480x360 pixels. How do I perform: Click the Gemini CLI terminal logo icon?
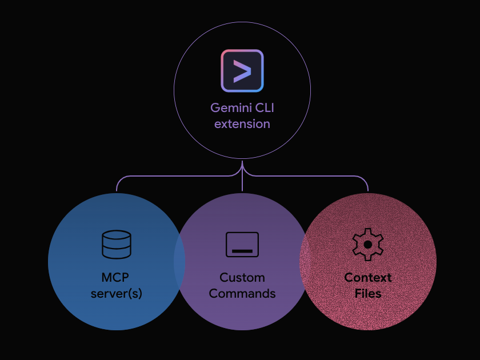point(242,71)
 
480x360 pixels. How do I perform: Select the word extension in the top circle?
point(242,123)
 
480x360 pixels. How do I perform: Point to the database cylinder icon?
point(117,245)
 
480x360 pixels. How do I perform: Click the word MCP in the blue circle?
point(116,278)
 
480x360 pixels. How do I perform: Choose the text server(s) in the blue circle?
point(117,294)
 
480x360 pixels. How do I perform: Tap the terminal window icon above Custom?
point(242,245)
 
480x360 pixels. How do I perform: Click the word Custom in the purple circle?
point(242,278)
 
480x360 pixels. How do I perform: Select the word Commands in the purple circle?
point(242,294)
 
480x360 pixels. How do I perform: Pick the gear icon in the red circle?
point(368,244)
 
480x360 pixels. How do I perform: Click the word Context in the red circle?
point(368,278)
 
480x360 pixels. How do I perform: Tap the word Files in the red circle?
point(368,294)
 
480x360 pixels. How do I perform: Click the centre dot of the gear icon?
point(368,244)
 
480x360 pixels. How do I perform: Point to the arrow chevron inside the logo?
point(242,71)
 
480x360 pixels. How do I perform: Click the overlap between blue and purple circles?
point(179,262)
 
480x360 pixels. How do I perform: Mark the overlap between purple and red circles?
point(305,262)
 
